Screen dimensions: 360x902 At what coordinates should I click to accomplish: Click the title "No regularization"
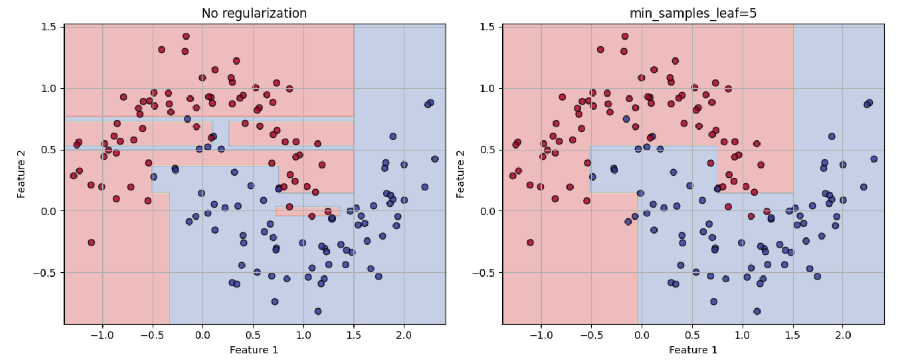pos(254,13)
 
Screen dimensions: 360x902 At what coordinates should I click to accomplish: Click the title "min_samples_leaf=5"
pos(693,13)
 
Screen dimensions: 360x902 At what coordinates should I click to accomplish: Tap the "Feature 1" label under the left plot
pos(254,350)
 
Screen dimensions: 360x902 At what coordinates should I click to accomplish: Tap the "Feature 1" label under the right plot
pos(693,350)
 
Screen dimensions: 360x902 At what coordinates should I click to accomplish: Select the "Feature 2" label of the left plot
pos(21,174)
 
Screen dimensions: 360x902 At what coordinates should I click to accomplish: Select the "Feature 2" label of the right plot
pos(460,174)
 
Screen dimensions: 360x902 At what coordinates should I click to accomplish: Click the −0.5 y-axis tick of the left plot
pos(46,273)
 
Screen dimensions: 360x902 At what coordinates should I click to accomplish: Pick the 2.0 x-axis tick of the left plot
pos(404,335)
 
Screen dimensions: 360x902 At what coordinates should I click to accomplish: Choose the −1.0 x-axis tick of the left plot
pos(102,335)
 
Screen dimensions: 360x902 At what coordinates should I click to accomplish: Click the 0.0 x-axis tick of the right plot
pos(641,335)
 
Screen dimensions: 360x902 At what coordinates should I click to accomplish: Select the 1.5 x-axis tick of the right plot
pos(793,335)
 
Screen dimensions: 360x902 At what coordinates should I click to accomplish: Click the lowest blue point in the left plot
pos(318,311)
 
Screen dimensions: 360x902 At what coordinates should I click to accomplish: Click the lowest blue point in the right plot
pos(757,311)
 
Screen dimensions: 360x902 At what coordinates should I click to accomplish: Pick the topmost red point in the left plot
pos(186,36)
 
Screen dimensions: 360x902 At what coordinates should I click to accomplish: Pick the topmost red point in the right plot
pos(625,36)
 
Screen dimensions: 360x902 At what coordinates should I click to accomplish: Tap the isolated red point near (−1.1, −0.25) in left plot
pos(91,242)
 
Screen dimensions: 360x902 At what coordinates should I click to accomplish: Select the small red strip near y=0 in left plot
pos(307,211)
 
